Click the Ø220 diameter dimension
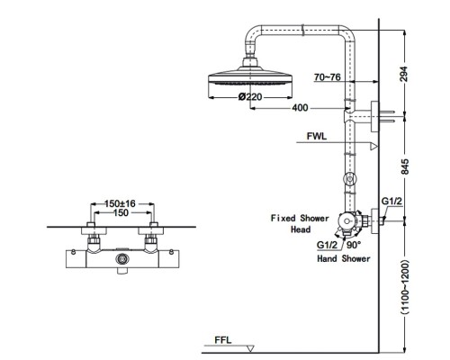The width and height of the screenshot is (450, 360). tap(250, 96)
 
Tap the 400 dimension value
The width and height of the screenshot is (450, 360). tap(300, 108)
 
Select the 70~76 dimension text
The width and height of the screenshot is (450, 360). tap(328, 77)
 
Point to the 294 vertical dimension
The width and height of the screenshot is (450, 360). tap(405, 74)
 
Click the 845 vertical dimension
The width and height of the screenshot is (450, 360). tap(405, 166)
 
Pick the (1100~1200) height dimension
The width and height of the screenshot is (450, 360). tap(405, 287)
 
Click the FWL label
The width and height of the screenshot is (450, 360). tap(317, 136)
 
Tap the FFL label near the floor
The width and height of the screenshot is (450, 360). tap(223, 340)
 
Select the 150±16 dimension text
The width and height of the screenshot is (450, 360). tap(120, 203)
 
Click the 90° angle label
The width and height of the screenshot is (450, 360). tap(354, 245)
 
